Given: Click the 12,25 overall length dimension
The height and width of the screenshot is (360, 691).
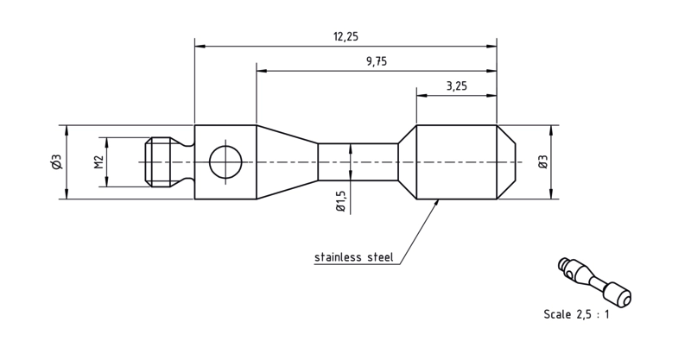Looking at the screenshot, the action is coord(345,36).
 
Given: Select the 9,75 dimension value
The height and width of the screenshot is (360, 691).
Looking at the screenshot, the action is coord(377,61).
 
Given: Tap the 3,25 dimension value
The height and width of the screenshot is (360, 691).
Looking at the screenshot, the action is coord(457,85).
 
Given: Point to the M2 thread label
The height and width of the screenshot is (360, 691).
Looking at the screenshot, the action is coord(98,161).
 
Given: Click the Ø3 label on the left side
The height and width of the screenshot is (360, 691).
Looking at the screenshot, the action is coord(57,161).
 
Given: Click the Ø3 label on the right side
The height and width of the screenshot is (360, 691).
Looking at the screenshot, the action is coord(543,161).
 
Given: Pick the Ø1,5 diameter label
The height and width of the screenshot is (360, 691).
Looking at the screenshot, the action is coord(340,201).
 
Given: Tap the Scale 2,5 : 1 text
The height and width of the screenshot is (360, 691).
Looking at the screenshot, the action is coord(576,314).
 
